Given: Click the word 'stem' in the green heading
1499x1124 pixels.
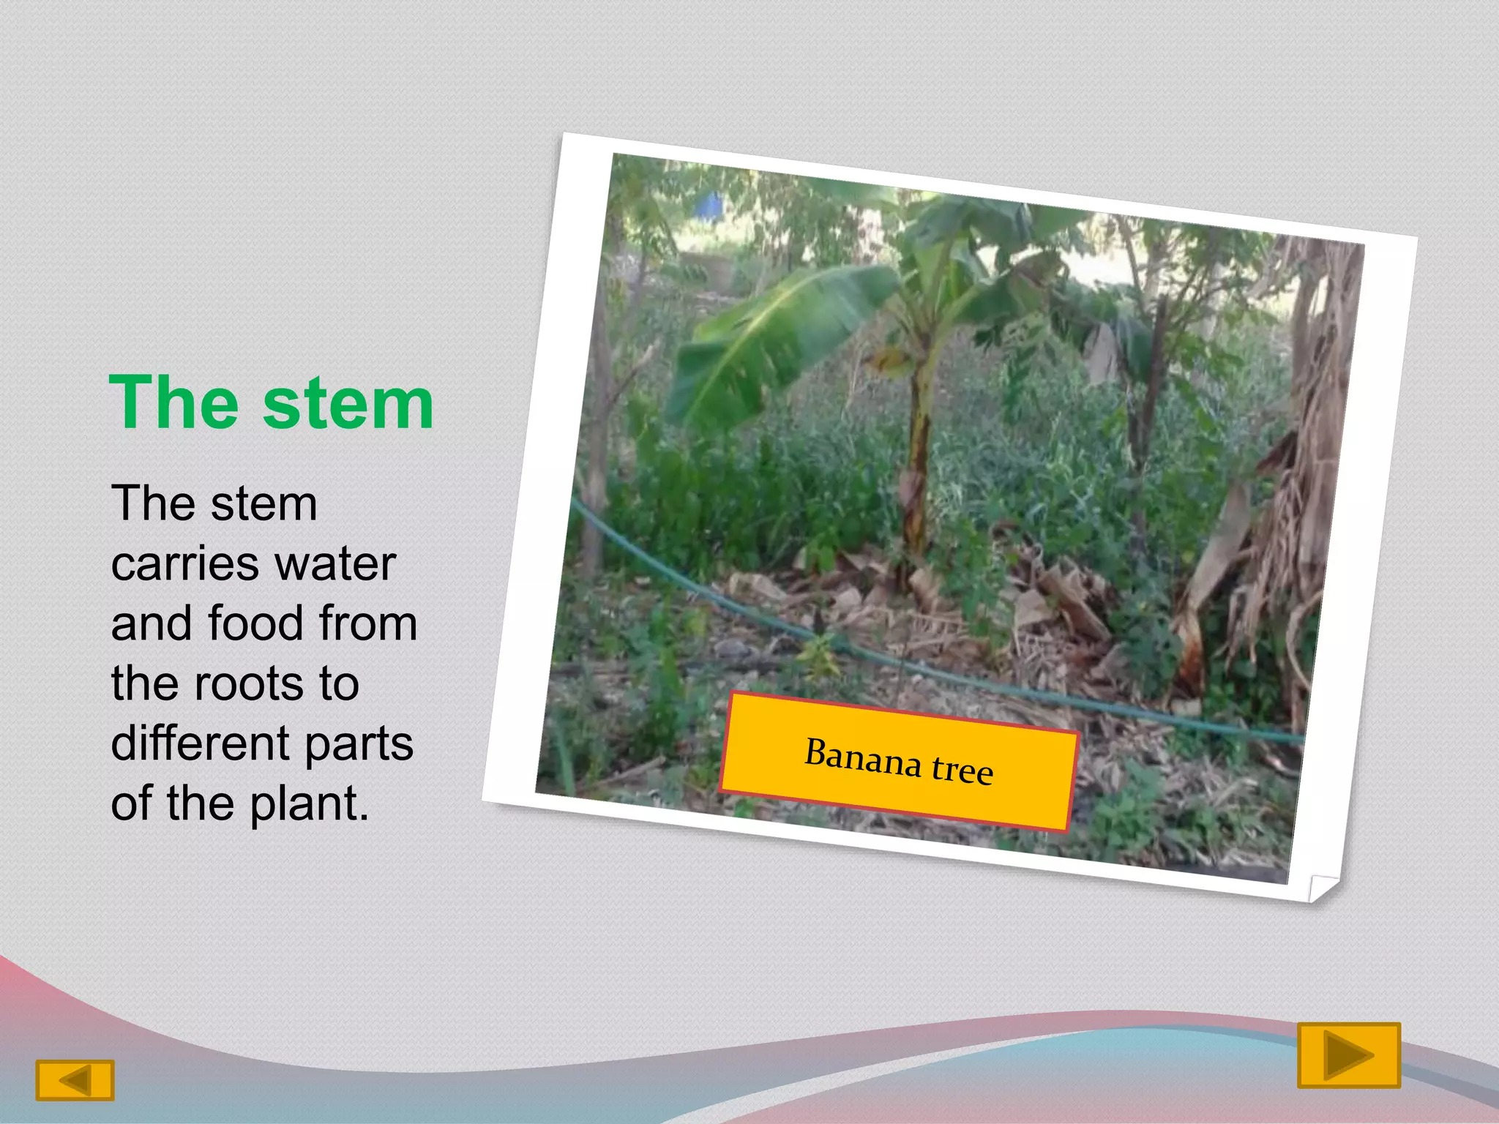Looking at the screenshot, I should tap(348, 404).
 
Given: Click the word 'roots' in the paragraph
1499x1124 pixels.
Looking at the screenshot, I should tap(247, 683).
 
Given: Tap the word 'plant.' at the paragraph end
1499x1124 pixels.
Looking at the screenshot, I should tap(309, 803).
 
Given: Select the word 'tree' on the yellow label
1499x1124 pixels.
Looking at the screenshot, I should tap(962, 770).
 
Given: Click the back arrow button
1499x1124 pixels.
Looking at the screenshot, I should tap(75, 1080).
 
